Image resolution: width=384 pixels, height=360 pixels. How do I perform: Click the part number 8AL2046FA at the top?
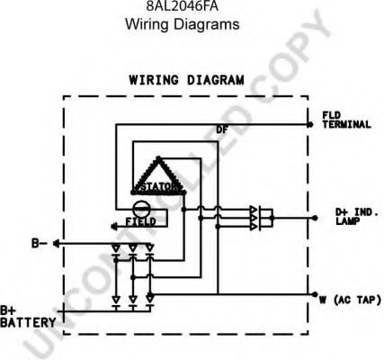coord(182,6)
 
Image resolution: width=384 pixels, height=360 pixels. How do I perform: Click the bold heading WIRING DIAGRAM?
coord(186,80)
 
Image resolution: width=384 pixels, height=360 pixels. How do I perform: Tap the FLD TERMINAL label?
coord(346,120)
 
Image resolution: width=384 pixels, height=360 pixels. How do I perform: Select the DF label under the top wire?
coord(222,130)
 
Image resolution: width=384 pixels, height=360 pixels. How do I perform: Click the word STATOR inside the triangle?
coord(157,186)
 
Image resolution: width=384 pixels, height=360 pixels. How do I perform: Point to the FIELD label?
coord(141,222)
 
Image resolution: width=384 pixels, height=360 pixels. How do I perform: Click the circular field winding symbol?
coord(140,209)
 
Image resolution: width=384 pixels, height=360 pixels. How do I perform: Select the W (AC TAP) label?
coord(350,300)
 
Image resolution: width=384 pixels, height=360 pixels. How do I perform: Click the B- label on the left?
coord(40,243)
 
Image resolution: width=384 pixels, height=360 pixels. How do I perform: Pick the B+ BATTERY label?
coord(28,317)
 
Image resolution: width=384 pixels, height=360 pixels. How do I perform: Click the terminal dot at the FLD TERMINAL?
coord(310,124)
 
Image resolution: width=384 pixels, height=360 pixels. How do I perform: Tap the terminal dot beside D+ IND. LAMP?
coord(315,218)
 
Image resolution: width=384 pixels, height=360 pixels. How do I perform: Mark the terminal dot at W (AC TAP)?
coord(315,294)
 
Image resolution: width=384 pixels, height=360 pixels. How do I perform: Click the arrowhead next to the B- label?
coord(56,244)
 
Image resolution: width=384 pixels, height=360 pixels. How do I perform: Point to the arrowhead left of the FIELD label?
coord(113,227)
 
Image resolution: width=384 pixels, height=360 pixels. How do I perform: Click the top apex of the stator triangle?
coord(158,157)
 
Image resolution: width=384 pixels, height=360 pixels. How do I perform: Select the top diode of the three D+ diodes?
coord(254,210)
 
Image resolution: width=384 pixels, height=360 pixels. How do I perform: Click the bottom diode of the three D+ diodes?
coord(254,227)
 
